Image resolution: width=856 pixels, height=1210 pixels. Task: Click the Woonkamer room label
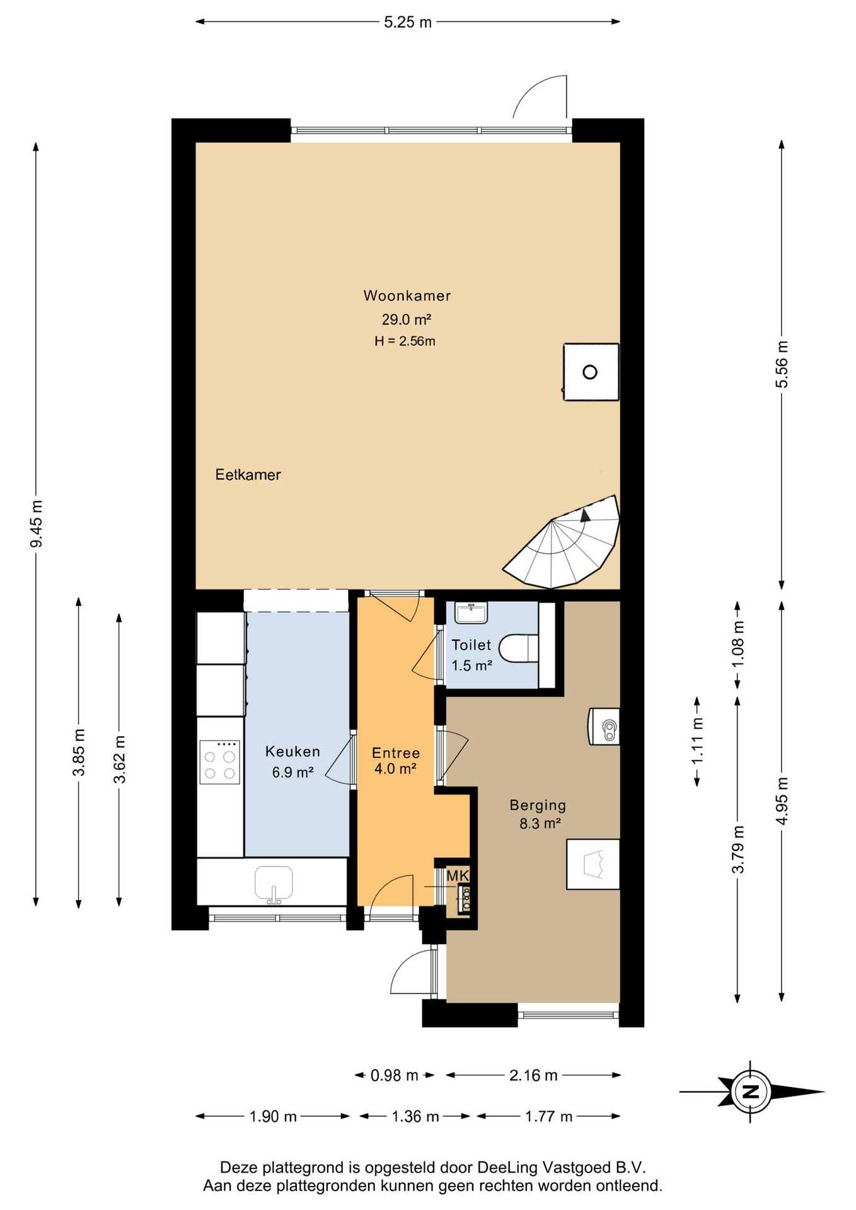407,296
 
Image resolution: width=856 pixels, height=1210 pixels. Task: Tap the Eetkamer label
248,475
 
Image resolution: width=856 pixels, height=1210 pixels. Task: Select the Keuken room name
292,751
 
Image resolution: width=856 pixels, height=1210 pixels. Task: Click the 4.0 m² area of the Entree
395,769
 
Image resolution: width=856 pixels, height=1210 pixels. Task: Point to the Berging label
538,805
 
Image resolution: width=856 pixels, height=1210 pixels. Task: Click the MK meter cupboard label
458,875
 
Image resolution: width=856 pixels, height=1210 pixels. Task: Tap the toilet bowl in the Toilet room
519,648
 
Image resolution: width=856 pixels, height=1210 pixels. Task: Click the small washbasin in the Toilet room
471,613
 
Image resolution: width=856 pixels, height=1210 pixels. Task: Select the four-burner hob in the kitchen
219,762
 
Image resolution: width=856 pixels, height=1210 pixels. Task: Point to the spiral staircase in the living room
561,542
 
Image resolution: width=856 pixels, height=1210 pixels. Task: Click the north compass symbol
751,1092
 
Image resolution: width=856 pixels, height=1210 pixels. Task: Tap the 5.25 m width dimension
408,22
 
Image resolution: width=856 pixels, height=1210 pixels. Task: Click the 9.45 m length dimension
37,524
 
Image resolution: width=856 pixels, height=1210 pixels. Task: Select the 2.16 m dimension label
533,1075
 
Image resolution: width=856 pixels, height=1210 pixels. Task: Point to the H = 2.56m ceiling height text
405,342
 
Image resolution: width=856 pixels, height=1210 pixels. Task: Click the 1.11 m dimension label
697,741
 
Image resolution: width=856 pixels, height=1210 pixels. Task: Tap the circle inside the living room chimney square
590,372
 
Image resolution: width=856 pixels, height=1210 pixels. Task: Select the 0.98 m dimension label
395,1075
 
